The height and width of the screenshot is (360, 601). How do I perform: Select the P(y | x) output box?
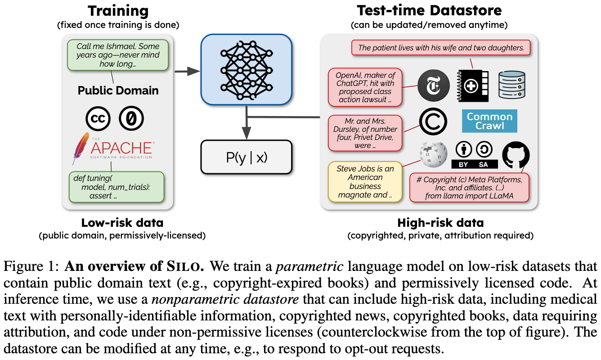[x=246, y=157]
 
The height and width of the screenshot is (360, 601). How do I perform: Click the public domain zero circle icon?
[x=131, y=119]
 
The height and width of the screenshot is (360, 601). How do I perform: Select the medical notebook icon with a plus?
[x=471, y=85]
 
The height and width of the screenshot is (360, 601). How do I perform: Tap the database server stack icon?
[x=512, y=85]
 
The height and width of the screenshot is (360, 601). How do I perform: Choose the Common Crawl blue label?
[x=489, y=121]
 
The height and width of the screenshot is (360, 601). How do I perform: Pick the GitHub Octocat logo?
[x=516, y=155]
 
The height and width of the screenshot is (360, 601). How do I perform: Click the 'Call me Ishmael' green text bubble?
[x=118, y=55]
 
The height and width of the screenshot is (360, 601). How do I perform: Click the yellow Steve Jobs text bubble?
[x=365, y=182]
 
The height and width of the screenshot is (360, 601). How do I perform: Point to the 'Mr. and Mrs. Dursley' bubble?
[x=365, y=133]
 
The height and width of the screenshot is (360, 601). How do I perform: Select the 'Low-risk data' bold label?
[x=122, y=222]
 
